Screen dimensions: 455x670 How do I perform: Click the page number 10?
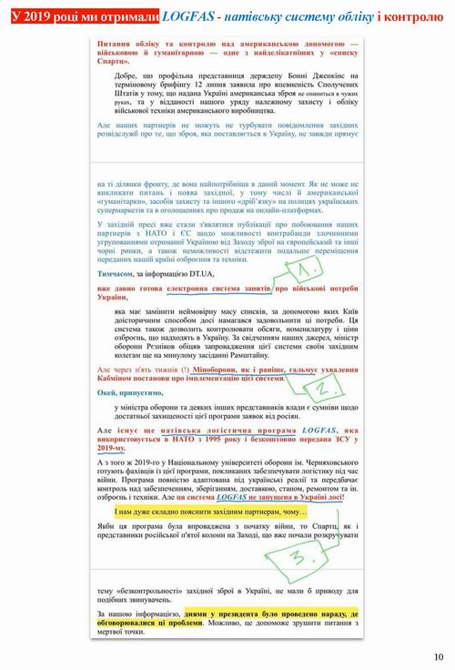click(x=440, y=657)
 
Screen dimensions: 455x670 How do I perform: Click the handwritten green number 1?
click(x=308, y=269)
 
